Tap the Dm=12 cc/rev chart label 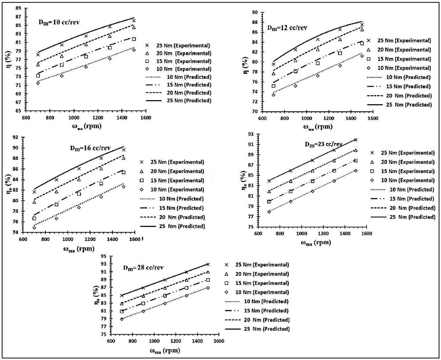point(287,28)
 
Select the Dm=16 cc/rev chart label point(90,148)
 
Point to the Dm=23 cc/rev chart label point(323,144)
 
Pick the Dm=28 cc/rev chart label point(143,268)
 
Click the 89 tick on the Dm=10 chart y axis point(18,8)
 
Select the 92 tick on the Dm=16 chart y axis point(16,137)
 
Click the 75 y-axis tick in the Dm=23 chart point(250,227)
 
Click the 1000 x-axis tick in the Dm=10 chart point(74,118)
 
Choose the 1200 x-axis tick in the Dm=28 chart point(175,341)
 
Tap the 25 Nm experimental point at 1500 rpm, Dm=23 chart point(356,140)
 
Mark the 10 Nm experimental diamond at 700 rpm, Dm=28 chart point(122,319)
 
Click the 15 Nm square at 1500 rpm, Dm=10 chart point(134,39)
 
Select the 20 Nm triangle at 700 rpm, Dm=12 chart point(274,74)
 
